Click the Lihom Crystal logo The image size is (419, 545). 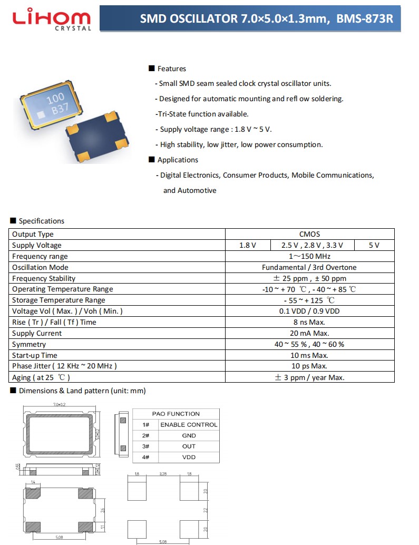click(x=52, y=20)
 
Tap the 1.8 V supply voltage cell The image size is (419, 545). click(x=247, y=245)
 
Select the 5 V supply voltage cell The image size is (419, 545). click(x=374, y=245)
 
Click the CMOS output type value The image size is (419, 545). click(x=309, y=234)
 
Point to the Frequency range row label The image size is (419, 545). click(x=40, y=256)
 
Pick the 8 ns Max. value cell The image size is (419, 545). click(x=309, y=322)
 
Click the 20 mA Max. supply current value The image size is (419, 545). click(x=309, y=333)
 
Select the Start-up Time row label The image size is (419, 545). click(x=35, y=355)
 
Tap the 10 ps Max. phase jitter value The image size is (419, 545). click(x=309, y=366)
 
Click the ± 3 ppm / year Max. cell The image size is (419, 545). click(x=309, y=377)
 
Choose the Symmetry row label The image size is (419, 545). click(x=29, y=344)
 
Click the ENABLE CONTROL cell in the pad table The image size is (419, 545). click(x=189, y=425)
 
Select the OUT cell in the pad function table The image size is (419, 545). click(x=189, y=446)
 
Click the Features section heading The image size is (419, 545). click(x=171, y=69)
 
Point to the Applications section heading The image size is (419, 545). click(x=178, y=160)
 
